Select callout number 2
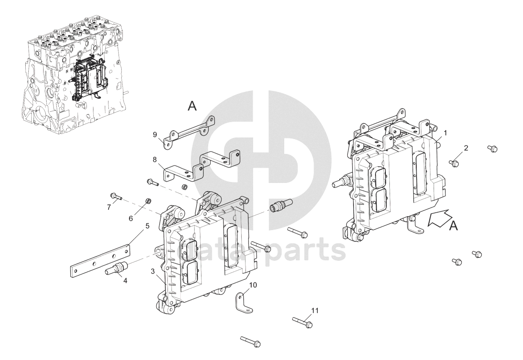(466, 148)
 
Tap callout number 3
(153, 271)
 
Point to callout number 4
(125, 280)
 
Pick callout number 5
(147, 226)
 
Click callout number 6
(131, 218)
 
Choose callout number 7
(109, 207)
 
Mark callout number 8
(155, 160)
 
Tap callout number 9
(155, 134)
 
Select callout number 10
(253, 285)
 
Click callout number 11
(315, 311)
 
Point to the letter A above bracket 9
(192, 106)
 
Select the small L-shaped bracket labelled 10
(242, 299)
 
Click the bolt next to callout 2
(454, 163)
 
